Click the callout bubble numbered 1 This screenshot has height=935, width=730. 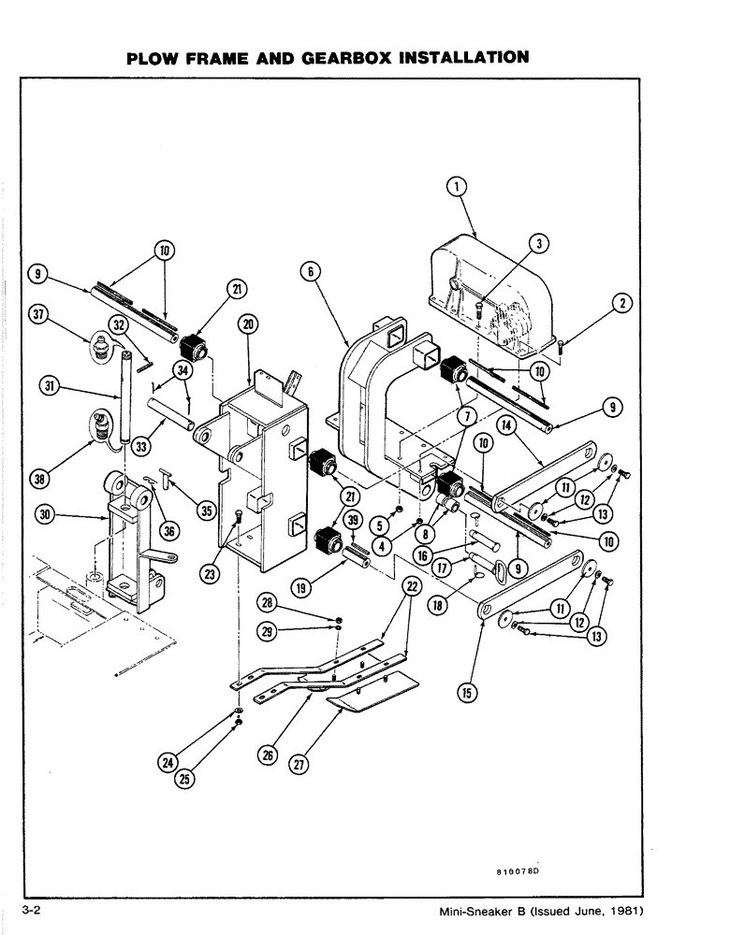456,188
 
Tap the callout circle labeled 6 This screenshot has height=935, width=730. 312,272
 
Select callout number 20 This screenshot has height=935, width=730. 248,324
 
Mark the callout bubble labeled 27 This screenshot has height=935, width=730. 299,764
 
